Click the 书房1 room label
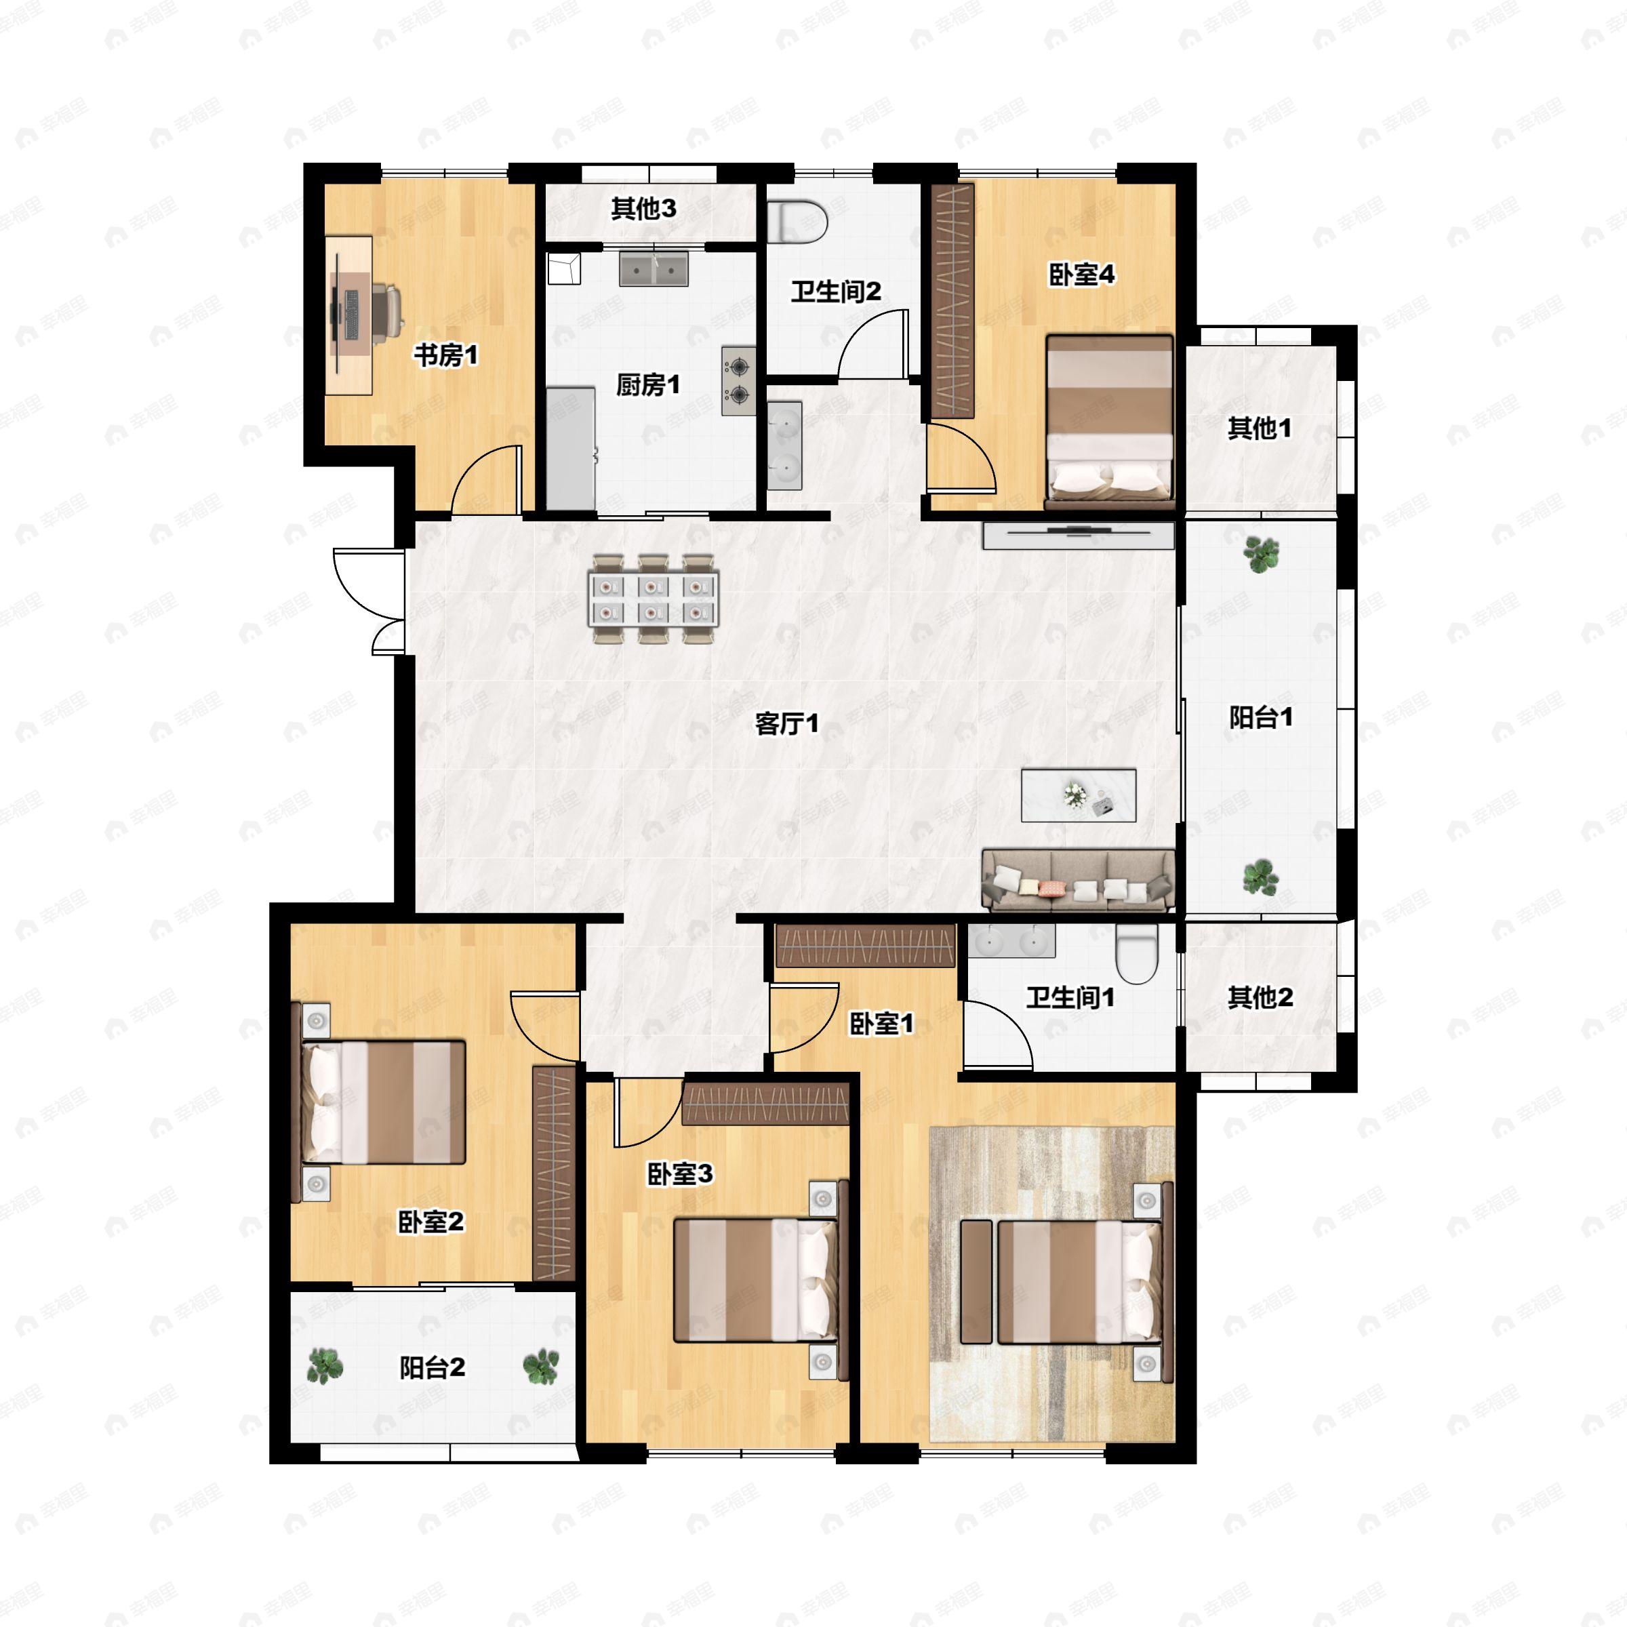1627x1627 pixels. [445, 355]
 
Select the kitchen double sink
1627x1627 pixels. [654, 268]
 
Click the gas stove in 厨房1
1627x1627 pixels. [738, 380]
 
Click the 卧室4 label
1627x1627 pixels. [1081, 275]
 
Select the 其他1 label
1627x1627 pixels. [1259, 428]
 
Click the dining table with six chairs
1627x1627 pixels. [654, 599]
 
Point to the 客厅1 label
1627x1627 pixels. [786, 723]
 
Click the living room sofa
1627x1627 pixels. [1079, 880]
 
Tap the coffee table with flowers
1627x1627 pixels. [1079, 795]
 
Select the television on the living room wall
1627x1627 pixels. [1078, 535]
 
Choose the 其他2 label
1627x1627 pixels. [1260, 998]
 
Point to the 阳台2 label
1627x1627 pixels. [432, 1367]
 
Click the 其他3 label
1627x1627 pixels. [643, 208]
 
